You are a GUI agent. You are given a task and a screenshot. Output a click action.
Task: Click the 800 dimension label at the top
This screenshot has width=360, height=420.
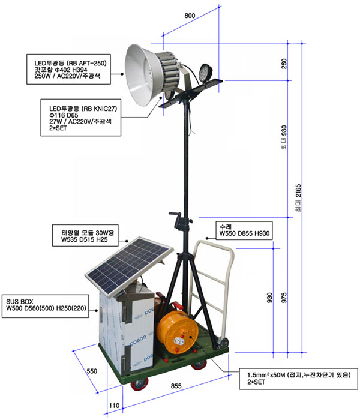190,16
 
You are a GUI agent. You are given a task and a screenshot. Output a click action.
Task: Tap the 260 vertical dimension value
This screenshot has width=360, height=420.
284,64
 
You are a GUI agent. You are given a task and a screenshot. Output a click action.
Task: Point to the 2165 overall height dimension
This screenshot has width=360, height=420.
298,198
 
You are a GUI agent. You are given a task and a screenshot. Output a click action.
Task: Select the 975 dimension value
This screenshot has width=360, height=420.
284,298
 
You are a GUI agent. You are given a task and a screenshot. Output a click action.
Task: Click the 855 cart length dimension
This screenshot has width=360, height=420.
176,386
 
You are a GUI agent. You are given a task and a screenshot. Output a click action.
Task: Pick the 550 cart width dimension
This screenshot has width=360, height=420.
92,371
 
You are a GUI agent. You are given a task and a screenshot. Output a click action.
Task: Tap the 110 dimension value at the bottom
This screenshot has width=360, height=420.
114,406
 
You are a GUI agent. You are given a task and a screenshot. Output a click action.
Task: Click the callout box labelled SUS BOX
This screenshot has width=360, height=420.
45,306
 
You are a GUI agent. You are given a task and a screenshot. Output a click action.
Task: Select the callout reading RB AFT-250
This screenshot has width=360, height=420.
68,69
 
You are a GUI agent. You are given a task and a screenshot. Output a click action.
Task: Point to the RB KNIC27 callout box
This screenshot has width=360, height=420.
80,118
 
